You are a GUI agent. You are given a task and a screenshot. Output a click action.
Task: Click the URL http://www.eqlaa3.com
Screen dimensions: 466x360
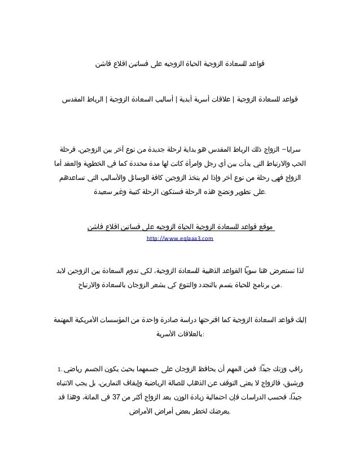tap(179, 240)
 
